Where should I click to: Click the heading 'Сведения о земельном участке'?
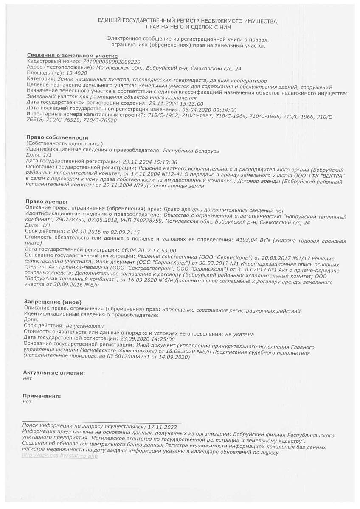point(72,56)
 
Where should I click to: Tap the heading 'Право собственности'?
point(57,138)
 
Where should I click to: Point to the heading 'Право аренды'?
point(47,201)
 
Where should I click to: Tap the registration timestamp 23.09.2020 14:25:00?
point(148,339)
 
